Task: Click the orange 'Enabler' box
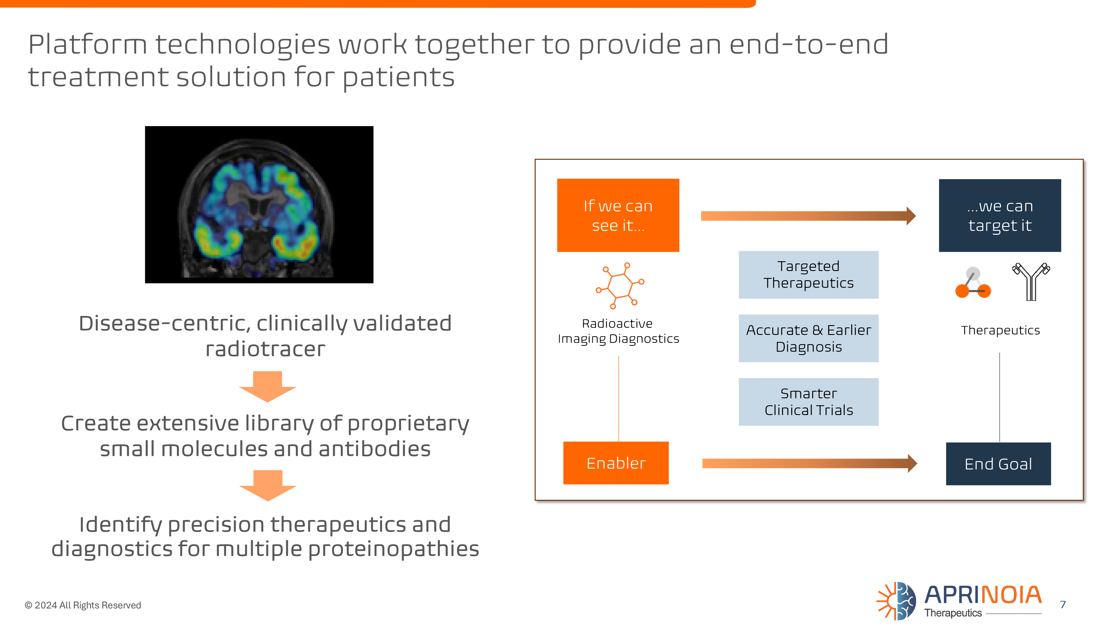click(616, 462)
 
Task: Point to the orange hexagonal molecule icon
click(619, 285)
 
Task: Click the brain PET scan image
click(259, 205)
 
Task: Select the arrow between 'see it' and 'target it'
click(808, 215)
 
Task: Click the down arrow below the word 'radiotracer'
click(267, 386)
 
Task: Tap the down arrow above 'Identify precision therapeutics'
click(267, 485)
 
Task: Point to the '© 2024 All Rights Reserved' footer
click(83, 605)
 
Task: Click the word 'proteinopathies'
click(393, 549)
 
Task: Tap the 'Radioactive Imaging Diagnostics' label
click(618, 331)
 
